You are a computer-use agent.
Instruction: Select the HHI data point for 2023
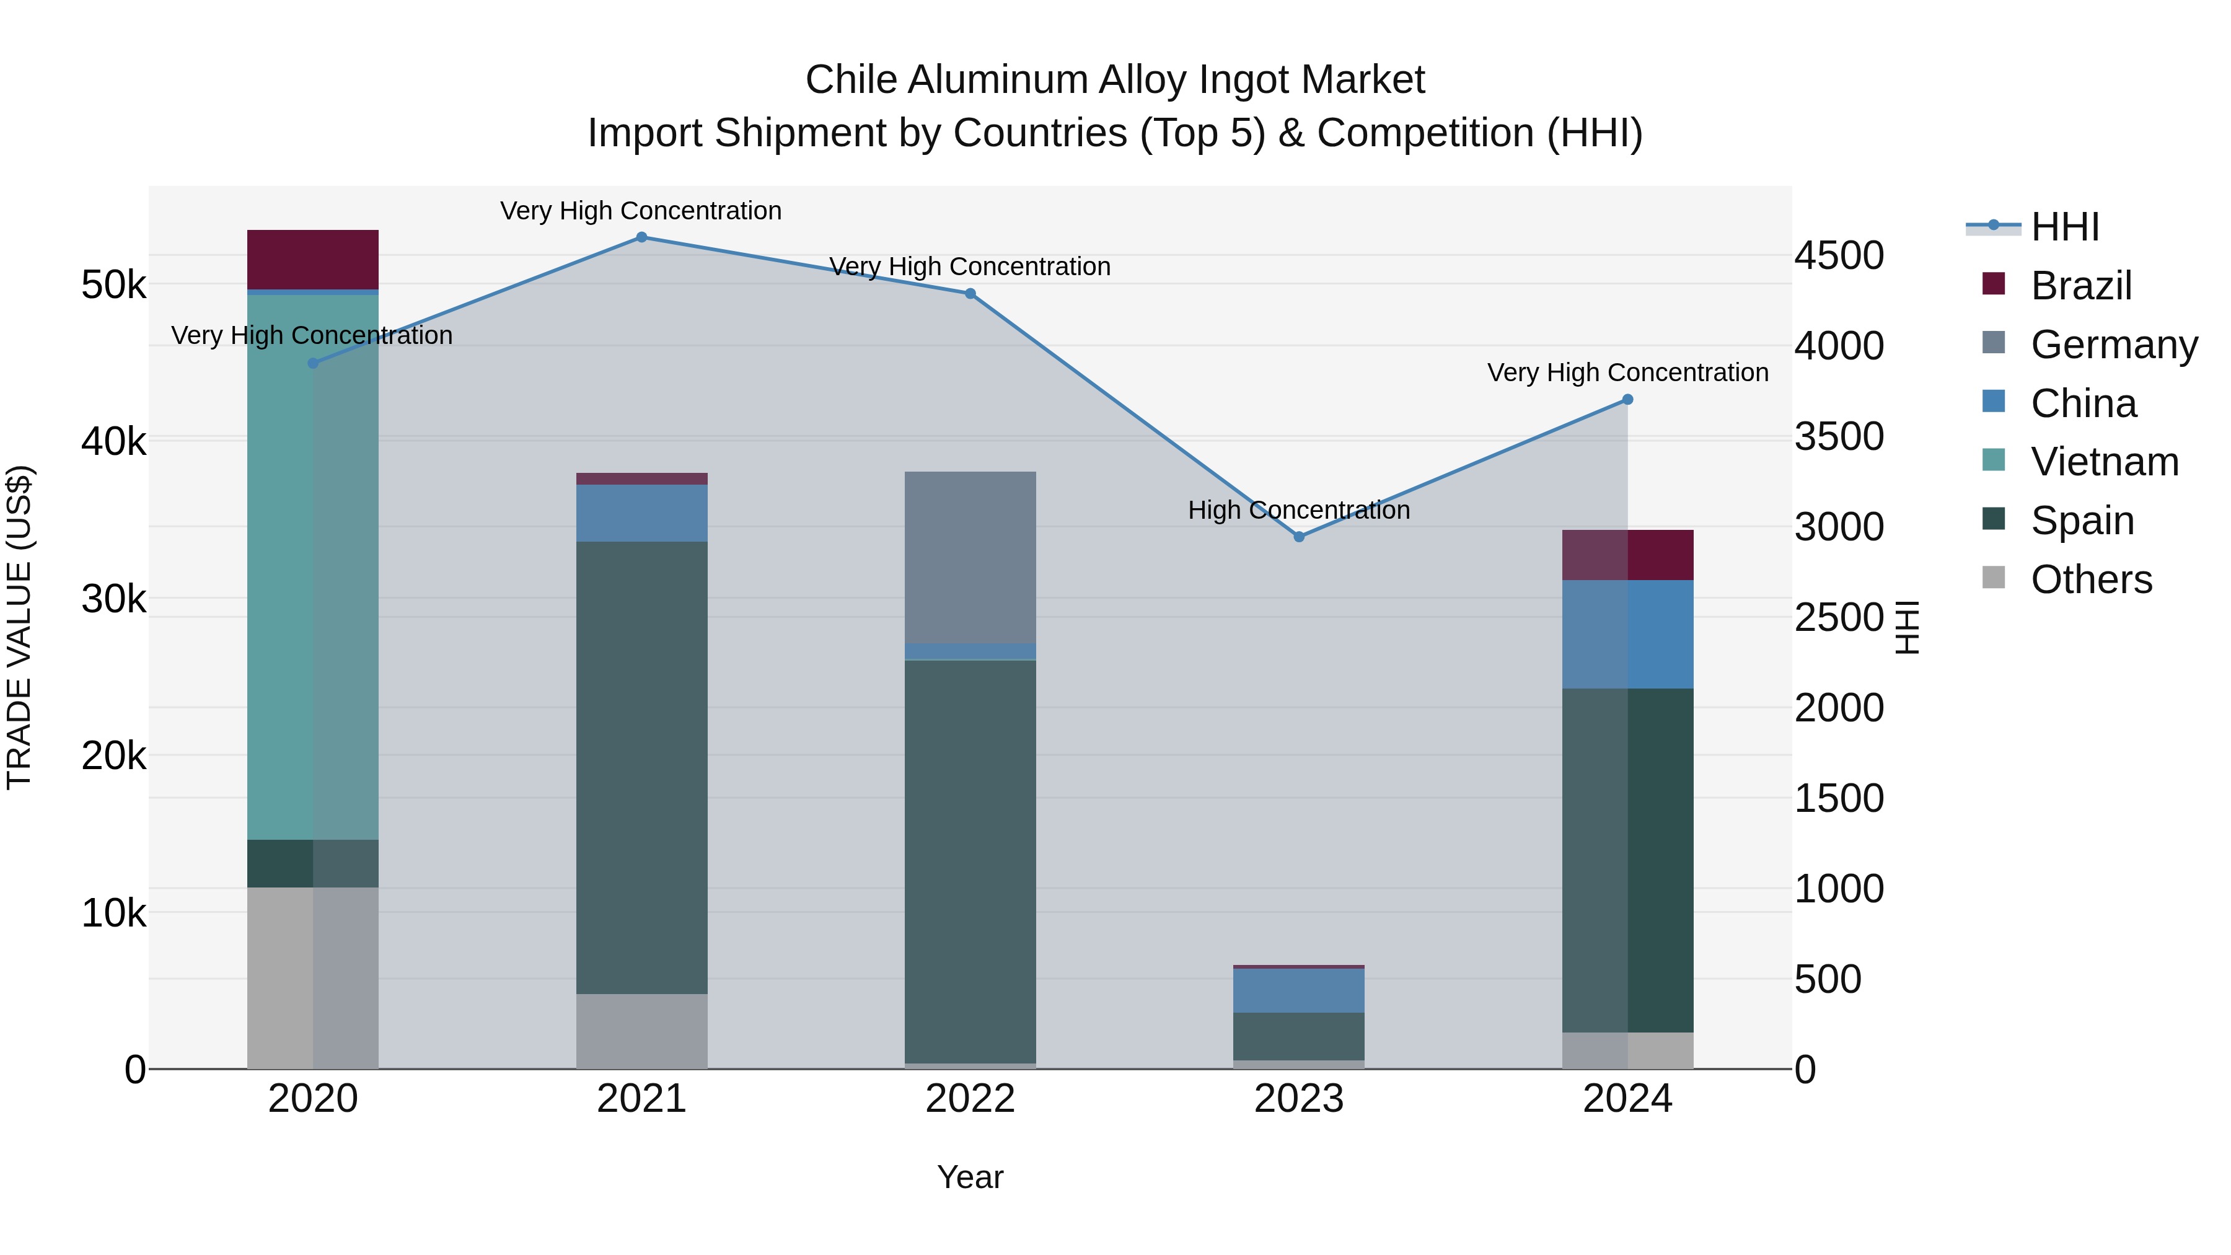(x=1299, y=537)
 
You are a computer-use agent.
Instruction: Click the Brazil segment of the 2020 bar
(x=313, y=260)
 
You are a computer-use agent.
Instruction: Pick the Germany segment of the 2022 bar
(x=970, y=558)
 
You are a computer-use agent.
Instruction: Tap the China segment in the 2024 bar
(x=1627, y=634)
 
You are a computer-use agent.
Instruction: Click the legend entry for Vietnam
(x=2105, y=462)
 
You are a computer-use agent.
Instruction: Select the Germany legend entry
(x=2113, y=345)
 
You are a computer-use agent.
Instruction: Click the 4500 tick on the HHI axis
(x=1839, y=255)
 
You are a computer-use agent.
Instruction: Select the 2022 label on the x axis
(x=970, y=1099)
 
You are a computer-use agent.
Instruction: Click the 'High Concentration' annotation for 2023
(x=1299, y=510)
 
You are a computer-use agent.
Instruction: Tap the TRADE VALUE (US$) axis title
(x=20, y=627)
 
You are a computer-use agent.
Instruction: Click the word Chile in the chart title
(x=851, y=80)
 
